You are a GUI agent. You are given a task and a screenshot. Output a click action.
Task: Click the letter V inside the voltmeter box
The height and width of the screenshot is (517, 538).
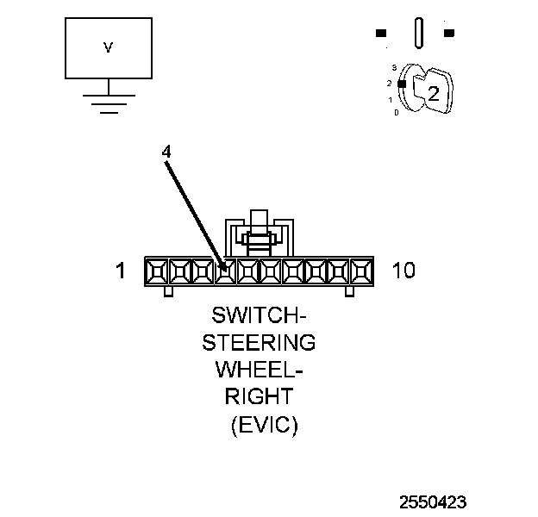click(x=108, y=48)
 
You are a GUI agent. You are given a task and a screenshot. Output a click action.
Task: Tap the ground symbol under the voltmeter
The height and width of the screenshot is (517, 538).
click(x=107, y=103)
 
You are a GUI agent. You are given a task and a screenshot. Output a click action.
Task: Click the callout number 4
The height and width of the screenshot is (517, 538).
click(x=166, y=151)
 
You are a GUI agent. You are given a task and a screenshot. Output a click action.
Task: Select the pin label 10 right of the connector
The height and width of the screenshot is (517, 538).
click(x=403, y=271)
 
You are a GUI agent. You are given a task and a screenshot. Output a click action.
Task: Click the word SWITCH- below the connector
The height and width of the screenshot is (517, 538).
click(x=258, y=315)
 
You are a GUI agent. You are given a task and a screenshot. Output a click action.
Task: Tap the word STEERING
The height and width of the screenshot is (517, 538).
click(x=258, y=343)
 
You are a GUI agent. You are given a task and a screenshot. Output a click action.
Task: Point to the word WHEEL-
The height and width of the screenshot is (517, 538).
click(x=258, y=371)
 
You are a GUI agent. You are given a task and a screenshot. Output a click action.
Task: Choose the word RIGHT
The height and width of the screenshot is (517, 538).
click(x=258, y=397)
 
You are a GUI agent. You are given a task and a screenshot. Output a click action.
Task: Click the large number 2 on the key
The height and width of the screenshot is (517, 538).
click(x=434, y=94)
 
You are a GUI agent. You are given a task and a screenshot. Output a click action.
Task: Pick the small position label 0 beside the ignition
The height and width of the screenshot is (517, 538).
click(x=396, y=113)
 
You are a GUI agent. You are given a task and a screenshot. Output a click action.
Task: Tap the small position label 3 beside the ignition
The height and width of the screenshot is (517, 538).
click(x=393, y=67)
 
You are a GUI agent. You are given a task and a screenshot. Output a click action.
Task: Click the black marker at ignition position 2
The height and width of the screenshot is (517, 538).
click(x=401, y=84)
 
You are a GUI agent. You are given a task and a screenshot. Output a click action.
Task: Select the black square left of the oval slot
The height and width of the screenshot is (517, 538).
click(x=381, y=34)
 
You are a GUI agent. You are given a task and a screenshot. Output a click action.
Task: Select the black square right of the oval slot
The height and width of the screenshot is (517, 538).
click(x=449, y=34)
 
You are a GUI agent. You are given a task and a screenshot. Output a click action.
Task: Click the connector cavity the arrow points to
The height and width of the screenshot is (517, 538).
click(x=225, y=271)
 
